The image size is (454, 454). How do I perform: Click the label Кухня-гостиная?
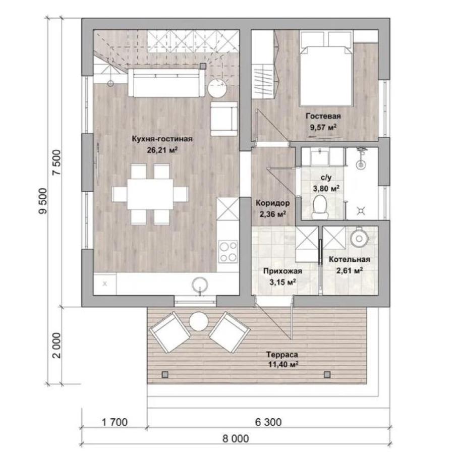(x=162, y=139)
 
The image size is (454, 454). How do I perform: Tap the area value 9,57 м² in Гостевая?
(x=323, y=127)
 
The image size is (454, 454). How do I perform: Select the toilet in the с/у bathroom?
(x=320, y=207)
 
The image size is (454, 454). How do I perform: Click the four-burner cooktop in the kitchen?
(x=228, y=252)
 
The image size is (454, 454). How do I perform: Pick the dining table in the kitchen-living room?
(x=150, y=194)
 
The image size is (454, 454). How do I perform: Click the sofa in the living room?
(x=166, y=83)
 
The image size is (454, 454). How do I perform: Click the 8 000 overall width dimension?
(x=236, y=439)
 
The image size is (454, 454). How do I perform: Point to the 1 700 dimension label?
(x=115, y=422)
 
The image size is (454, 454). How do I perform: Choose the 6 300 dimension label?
(x=268, y=422)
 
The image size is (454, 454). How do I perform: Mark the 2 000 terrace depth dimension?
(x=58, y=345)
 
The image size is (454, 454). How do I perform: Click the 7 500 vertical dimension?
(x=57, y=162)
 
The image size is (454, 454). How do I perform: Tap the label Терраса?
(x=282, y=355)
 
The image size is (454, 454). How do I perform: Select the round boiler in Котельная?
(x=359, y=239)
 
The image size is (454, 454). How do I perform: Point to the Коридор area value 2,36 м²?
(x=273, y=214)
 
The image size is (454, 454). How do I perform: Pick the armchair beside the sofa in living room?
(x=224, y=119)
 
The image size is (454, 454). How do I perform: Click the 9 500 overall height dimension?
(x=42, y=201)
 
